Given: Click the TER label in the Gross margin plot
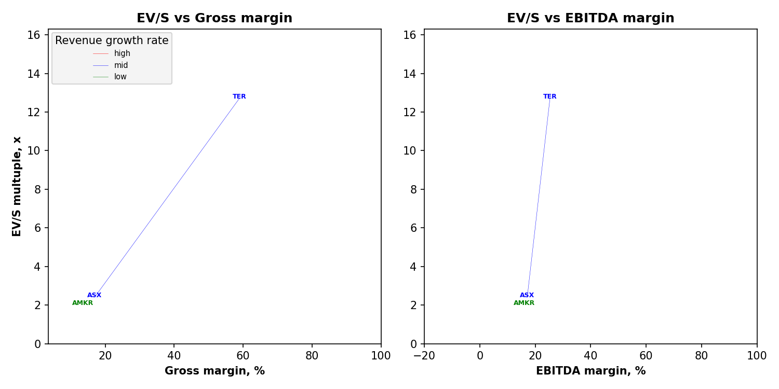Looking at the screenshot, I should point(239,96).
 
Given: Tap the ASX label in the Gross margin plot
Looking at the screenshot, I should point(95,295).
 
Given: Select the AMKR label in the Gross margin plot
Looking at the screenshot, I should point(83,303).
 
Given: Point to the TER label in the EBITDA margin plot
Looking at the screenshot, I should point(550,96).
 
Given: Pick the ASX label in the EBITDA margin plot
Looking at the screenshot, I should point(527,295).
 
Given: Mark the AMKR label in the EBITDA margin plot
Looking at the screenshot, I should point(524,303).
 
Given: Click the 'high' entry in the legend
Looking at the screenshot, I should point(122,53).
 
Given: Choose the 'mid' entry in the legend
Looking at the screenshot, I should point(121,65).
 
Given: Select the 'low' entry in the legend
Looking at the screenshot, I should point(120,77).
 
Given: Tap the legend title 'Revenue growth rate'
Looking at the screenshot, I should point(112,40).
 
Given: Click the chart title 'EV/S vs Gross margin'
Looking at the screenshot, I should point(214,19).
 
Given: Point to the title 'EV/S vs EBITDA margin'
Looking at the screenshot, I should point(590,19).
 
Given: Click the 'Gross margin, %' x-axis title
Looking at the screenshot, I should point(214,371).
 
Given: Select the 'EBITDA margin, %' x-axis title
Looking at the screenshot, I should point(590,371).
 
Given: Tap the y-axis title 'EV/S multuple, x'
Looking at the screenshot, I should point(17,186).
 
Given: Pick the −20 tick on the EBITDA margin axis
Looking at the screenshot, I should point(424,356).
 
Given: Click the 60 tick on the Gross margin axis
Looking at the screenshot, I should point(243,356).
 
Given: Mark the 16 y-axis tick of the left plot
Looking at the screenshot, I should point(34,35).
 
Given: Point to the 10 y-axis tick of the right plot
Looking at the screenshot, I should point(410,151).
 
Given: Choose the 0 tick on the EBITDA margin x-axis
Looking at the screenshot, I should point(480,356).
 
